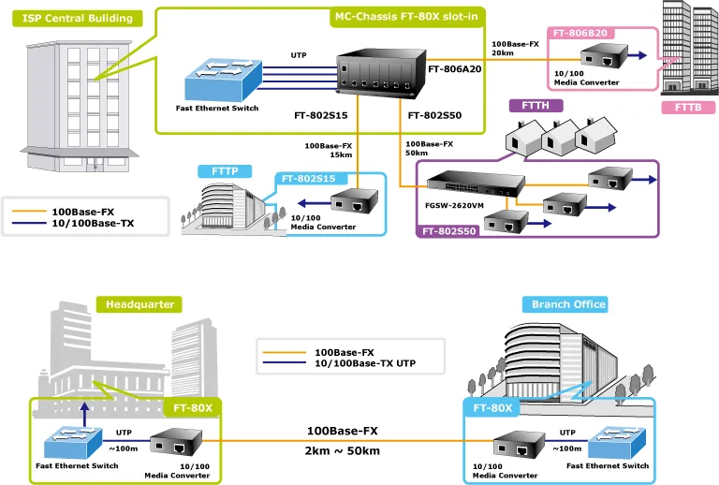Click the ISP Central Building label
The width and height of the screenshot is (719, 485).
click(x=77, y=19)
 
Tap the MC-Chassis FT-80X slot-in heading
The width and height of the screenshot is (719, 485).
click(x=406, y=17)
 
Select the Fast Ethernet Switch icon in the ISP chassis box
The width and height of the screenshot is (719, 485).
click(x=224, y=80)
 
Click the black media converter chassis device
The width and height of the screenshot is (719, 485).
click(x=381, y=73)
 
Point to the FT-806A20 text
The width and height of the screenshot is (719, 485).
click(x=454, y=69)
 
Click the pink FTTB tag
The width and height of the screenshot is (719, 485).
click(x=688, y=108)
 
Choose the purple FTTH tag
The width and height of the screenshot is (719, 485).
click(x=536, y=106)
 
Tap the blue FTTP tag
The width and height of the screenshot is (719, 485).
click(x=225, y=171)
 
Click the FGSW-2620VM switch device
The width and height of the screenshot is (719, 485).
click(x=476, y=184)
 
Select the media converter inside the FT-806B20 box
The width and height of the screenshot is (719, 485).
click(x=604, y=56)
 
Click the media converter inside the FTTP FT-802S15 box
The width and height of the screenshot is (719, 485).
click(x=355, y=200)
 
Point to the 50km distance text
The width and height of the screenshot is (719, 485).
click(x=417, y=154)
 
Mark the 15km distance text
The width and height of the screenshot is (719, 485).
click(x=341, y=154)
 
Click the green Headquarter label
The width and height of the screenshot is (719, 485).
click(x=139, y=304)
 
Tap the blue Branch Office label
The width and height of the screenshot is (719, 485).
click(x=565, y=304)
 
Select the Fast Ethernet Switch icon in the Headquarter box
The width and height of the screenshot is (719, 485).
click(x=72, y=442)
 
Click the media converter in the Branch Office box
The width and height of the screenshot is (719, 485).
click(x=519, y=445)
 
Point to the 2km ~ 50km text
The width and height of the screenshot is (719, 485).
click(x=342, y=451)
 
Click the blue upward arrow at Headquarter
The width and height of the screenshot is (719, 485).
click(x=84, y=415)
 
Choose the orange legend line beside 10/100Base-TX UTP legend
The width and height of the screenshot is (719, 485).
click(x=285, y=352)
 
